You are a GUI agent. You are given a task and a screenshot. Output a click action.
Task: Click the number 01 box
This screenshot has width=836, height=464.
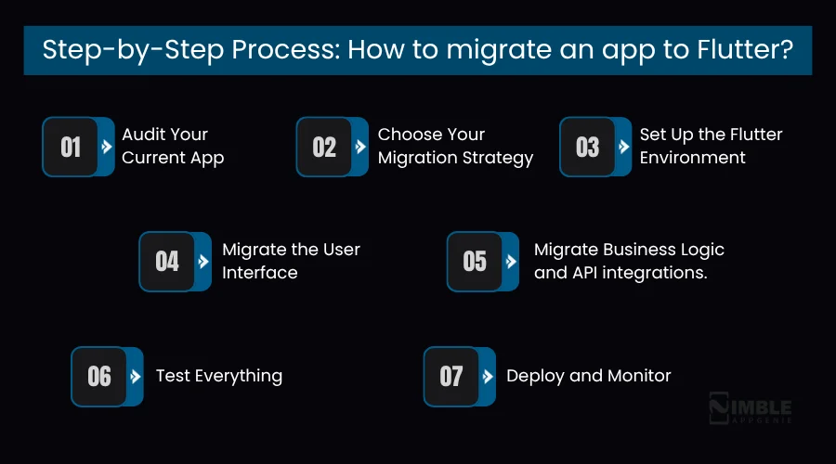pyautogui.click(x=71, y=147)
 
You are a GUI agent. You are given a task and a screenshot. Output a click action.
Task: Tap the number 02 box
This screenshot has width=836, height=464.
pyautogui.click(x=324, y=147)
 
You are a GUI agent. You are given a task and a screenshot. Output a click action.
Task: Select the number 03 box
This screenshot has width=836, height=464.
pyautogui.click(x=587, y=147)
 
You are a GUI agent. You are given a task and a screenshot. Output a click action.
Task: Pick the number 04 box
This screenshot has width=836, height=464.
pyautogui.click(x=167, y=261)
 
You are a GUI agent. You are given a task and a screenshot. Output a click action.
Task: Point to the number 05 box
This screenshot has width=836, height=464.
pyautogui.click(x=475, y=261)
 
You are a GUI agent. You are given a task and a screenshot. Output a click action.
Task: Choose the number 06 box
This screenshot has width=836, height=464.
pyautogui.click(x=99, y=376)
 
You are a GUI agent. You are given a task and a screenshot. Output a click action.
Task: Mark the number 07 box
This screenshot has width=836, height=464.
pyautogui.click(x=451, y=376)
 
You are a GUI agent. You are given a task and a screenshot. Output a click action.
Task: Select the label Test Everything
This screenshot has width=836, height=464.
pyautogui.click(x=219, y=376)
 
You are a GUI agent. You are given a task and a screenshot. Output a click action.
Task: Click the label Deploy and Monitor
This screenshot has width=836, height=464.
pyautogui.click(x=588, y=376)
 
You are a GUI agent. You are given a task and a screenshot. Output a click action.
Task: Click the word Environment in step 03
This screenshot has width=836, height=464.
pyautogui.click(x=692, y=158)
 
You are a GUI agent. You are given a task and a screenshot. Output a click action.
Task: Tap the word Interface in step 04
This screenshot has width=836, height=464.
pyautogui.click(x=259, y=273)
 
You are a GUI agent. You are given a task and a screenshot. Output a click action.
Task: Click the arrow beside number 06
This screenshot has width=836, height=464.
pyautogui.click(x=136, y=376)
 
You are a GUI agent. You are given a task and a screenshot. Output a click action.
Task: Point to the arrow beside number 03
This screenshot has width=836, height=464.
pyautogui.click(x=623, y=147)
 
